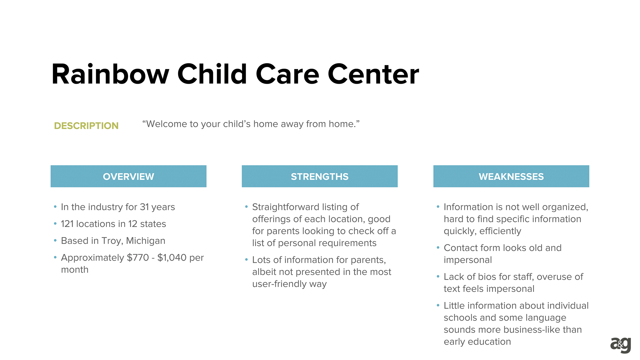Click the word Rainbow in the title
coord(110,74)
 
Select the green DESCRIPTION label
coord(86,126)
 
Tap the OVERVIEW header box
coord(128,176)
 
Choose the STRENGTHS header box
coord(320,176)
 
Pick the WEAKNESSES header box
coord(511,176)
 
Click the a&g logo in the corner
coord(621,345)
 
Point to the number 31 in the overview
coord(144,207)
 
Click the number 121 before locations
coord(67,224)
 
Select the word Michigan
coord(146,241)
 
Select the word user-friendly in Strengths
coord(279,284)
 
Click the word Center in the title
coord(373,74)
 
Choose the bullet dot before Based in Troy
coord(55,240)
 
